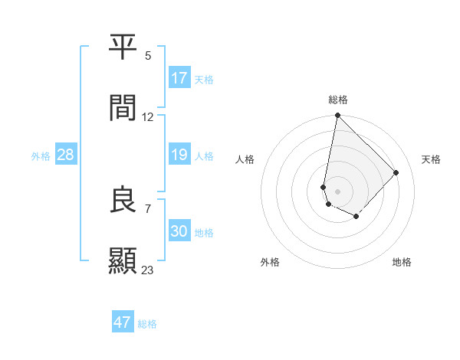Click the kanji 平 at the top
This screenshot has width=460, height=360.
[123, 47]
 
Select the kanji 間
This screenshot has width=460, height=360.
[123, 108]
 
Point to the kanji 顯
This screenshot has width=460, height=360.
[123, 260]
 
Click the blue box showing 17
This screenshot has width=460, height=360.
[179, 78]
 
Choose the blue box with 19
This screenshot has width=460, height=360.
[179, 155]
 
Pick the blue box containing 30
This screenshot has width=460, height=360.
[179, 231]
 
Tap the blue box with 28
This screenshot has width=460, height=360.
[65, 155]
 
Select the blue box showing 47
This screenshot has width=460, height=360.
[122, 322]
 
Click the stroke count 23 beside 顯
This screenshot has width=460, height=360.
[147, 270]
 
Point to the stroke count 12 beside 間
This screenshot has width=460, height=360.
[148, 117]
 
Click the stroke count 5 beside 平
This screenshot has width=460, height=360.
[148, 56]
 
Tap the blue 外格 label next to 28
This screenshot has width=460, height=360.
[41, 155]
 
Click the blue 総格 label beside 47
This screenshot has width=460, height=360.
[147, 323]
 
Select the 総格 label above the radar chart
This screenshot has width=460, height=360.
[338, 100]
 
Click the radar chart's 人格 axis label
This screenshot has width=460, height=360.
[245, 159]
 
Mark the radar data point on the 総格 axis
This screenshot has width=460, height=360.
[337, 116]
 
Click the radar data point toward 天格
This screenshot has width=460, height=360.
[396, 172]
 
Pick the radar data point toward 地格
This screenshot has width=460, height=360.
[356, 217]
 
